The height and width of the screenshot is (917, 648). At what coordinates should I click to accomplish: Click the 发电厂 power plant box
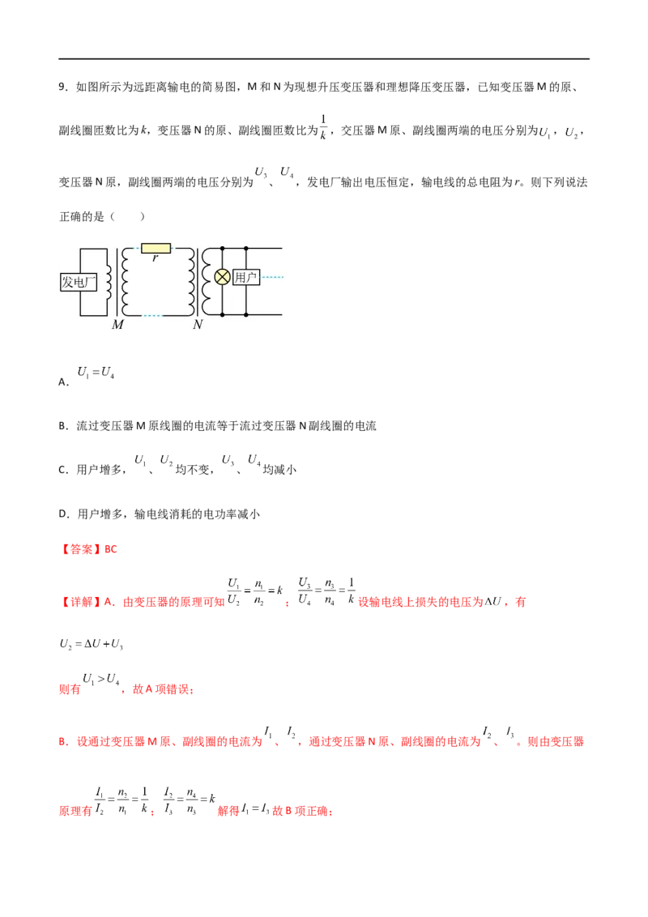[x=79, y=282]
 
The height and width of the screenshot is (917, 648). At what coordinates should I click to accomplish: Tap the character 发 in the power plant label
[x=67, y=282]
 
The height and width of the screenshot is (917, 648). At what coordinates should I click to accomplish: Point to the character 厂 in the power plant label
[x=92, y=282]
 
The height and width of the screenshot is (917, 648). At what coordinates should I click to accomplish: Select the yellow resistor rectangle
[x=156, y=248]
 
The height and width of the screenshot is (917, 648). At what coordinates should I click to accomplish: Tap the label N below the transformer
[x=198, y=325]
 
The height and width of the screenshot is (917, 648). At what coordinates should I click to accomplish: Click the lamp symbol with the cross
[x=222, y=277]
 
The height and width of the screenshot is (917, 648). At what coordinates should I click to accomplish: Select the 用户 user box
[x=245, y=278]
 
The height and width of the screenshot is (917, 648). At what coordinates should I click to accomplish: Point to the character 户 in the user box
[x=251, y=278]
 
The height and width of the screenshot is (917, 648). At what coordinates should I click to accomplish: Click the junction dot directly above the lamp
[x=222, y=249]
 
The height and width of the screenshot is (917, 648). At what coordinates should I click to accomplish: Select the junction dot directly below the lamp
[x=222, y=313]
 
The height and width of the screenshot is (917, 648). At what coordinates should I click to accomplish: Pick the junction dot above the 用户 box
[x=245, y=249]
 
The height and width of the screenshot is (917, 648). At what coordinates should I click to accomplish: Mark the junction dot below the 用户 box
[x=245, y=313]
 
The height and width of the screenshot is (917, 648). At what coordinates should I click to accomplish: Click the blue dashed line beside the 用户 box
[x=272, y=278]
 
